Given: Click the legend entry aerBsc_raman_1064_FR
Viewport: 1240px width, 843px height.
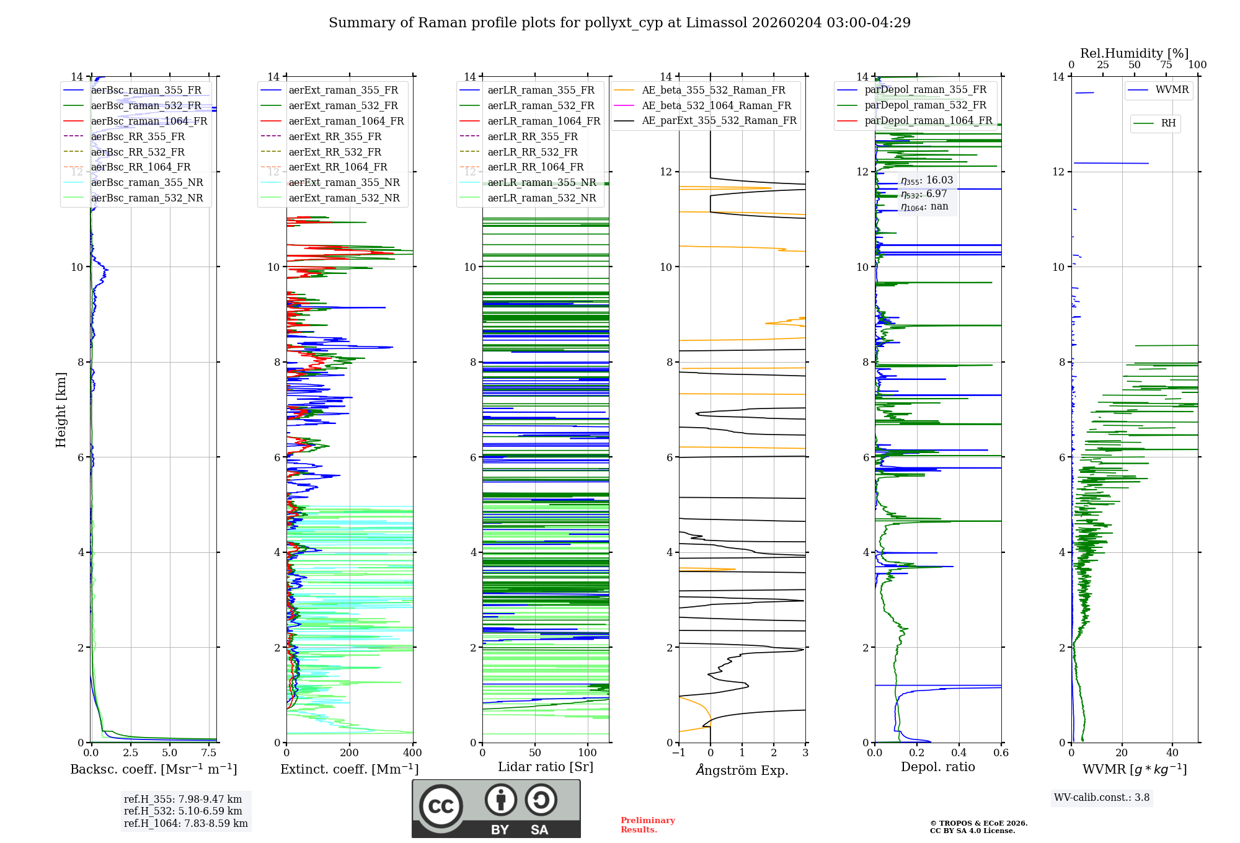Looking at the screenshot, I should point(149,121).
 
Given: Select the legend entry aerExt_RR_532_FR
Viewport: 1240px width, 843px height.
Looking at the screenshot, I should point(335,152).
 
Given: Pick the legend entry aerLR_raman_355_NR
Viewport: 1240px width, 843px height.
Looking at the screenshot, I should point(541,183).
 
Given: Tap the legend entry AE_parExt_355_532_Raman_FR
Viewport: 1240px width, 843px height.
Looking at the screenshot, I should point(719,121).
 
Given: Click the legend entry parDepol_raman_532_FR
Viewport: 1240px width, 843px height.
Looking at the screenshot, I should point(925,105).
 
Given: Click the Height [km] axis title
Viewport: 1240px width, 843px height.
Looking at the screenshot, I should point(61,410).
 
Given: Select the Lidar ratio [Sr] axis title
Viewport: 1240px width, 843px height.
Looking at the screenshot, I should point(546,767).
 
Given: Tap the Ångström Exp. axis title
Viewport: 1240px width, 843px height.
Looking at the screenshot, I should point(742,770).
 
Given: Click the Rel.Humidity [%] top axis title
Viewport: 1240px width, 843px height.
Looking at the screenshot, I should point(1134,53).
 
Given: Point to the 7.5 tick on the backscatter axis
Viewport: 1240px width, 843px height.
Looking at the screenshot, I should point(209,753).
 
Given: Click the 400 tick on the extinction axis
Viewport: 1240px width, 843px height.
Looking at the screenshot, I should point(412,753).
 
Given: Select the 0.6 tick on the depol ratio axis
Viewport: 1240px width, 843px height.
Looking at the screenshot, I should point(1001,753).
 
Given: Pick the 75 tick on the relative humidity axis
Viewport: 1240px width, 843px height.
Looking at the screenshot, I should point(1166,65).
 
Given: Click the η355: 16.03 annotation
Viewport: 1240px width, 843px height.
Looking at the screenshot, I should point(927,180).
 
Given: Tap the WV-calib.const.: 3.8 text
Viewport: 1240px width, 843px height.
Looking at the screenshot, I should point(1102,798).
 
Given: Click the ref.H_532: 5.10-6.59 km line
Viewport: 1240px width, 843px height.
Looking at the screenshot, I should point(183,811).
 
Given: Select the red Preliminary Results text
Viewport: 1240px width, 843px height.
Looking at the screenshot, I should point(647,825).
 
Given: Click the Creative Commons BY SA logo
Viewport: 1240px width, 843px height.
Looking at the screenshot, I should point(496,809).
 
